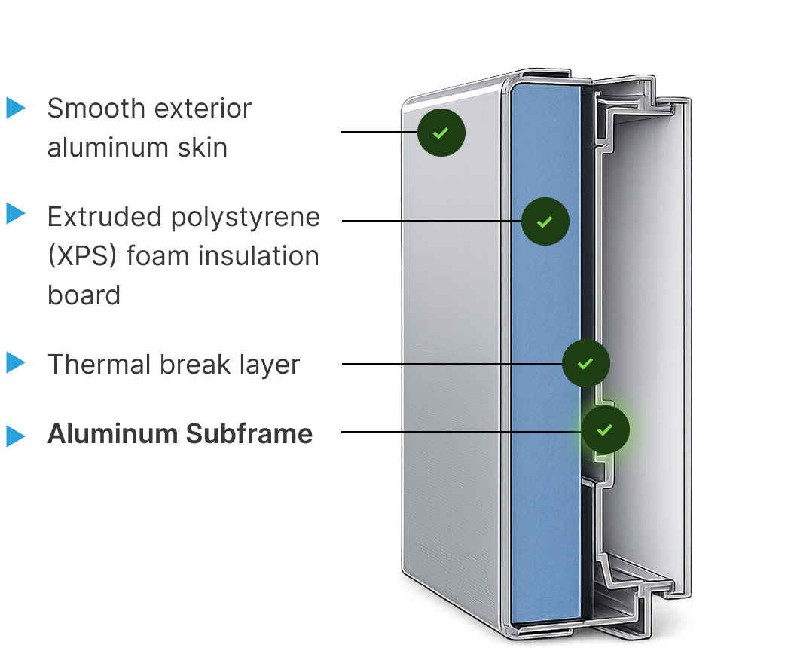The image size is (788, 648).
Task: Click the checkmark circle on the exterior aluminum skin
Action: coord(441,133)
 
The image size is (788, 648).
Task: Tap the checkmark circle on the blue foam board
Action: coord(545,222)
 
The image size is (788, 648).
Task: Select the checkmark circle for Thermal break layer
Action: coord(586,363)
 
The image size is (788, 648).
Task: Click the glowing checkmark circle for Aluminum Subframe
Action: coord(606,429)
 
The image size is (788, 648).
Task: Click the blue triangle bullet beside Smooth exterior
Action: coord(16,108)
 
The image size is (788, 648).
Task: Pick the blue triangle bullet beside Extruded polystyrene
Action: coord(16,214)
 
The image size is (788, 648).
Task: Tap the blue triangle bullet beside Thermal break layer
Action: coord(16,363)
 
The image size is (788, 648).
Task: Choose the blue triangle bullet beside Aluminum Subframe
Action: coord(16,436)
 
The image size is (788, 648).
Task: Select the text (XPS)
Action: coord(82,256)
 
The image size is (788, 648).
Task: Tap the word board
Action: coord(84,295)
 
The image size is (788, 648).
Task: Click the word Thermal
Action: coord(99,364)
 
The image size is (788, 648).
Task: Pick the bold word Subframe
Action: coord(249,433)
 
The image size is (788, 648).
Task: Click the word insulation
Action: coord(258,256)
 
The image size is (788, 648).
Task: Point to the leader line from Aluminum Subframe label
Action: coord(461,431)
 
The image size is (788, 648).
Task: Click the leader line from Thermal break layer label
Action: coord(452,363)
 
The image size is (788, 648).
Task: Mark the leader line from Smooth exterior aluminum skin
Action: coord(379,132)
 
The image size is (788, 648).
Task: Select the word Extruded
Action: coord(105,217)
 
